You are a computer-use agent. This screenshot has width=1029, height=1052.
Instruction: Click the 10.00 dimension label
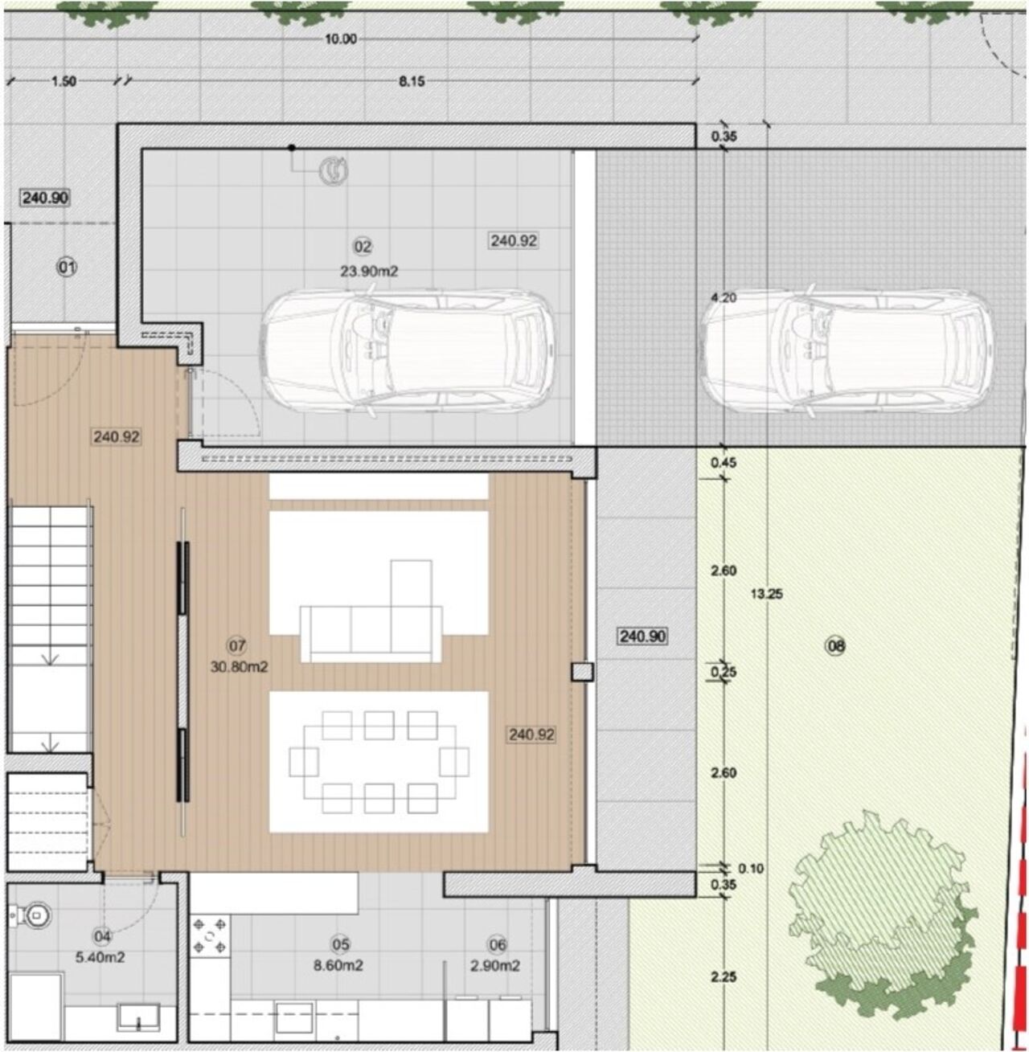[341, 39]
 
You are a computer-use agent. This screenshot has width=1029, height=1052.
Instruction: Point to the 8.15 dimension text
[412, 81]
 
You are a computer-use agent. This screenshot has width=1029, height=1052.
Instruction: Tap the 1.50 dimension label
[64, 81]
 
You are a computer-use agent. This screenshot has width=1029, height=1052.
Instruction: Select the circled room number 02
[363, 247]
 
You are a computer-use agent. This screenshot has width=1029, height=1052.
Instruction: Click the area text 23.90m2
[369, 272]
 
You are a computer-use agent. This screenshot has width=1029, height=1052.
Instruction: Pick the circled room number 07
[237, 646]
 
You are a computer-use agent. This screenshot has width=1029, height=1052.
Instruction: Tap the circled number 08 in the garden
[835, 645]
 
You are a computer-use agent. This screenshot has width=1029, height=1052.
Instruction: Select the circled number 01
[67, 267]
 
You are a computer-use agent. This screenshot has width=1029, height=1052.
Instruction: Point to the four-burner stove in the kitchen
[210, 935]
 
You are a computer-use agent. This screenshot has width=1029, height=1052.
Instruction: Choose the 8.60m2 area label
[338, 965]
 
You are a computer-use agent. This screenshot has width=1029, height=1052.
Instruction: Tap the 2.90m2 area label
[495, 965]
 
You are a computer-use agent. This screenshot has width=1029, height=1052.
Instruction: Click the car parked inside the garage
[408, 352]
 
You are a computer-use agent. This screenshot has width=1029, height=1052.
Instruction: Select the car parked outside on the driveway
[847, 352]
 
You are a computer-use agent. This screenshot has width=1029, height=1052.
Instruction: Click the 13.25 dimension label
[767, 594]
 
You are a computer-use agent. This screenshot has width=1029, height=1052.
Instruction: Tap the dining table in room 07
[379, 762]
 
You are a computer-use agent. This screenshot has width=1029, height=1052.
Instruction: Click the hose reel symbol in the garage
[333, 171]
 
